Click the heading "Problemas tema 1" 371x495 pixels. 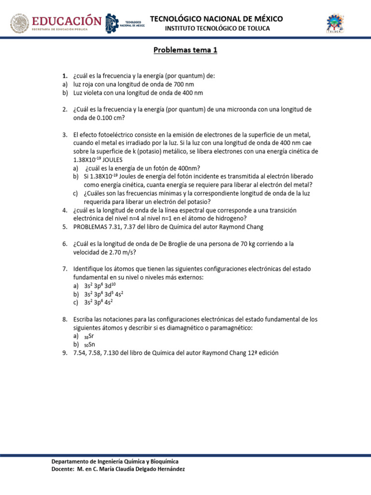(185, 50)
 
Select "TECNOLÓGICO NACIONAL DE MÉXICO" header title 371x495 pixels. (216, 19)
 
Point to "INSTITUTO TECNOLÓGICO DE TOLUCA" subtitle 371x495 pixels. (217, 29)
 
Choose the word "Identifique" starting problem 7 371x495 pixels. (90, 269)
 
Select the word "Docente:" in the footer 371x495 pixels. (63, 469)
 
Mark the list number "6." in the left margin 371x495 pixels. (64, 244)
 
